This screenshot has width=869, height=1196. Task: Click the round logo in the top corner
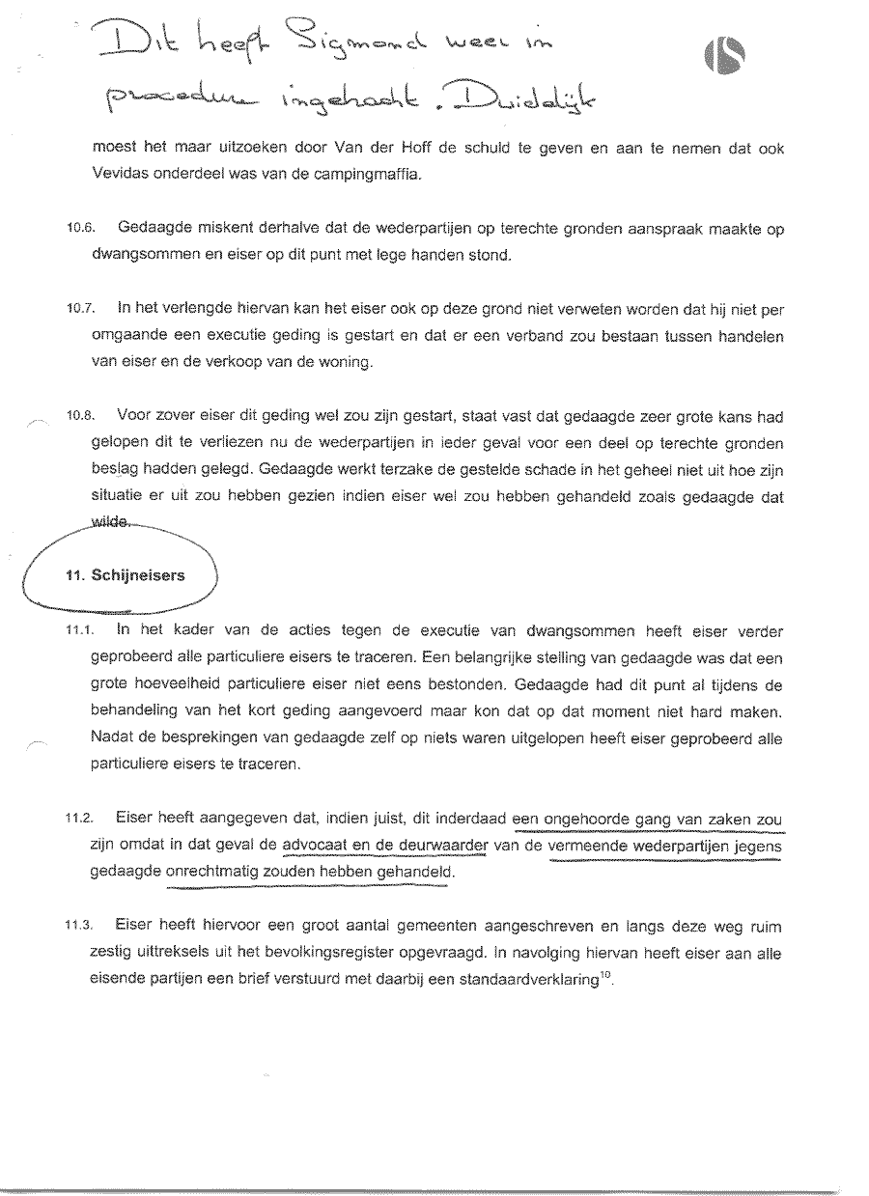coord(726,60)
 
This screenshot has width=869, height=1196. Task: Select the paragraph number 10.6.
coord(80,229)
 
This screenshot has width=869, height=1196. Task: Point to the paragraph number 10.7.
coord(80,310)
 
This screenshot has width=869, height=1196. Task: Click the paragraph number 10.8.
coord(80,417)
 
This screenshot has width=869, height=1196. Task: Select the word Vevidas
coord(120,176)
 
